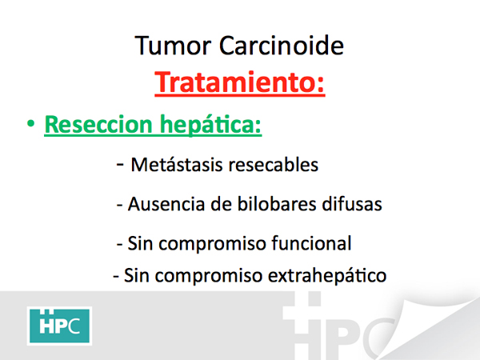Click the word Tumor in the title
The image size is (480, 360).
pos(173,46)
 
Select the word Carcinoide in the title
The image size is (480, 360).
pos(282,46)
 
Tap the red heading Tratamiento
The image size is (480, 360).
pos(240,82)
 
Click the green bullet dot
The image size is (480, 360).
pos(30,124)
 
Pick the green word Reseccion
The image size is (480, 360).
pos(98,124)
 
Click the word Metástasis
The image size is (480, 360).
pos(177,165)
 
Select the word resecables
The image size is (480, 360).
pos(274,165)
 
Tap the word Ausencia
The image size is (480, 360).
pos(166,204)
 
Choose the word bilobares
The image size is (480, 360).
pos(277,204)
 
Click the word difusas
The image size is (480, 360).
pos(352,204)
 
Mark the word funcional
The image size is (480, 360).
pos(312,243)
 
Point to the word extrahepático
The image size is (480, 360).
pos(327,275)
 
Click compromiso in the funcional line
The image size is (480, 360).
pos(212,244)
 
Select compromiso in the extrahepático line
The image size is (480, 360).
pos(209,276)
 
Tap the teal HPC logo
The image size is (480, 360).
pos(59,326)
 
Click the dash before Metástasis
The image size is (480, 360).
pos(120,165)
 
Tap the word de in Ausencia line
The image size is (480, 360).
pos(221,204)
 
